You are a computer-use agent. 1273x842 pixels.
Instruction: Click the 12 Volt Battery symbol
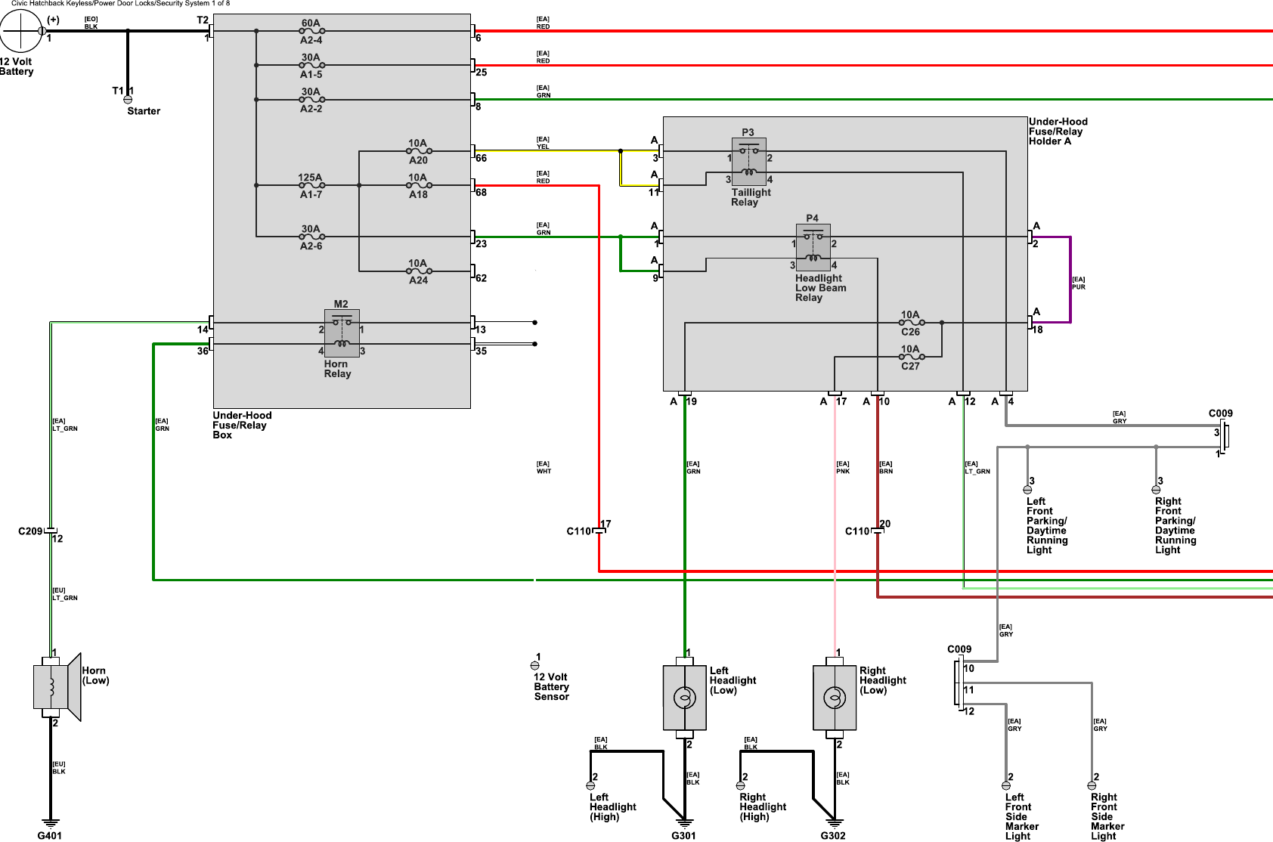20,31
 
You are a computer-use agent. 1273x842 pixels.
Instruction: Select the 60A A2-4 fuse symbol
311,31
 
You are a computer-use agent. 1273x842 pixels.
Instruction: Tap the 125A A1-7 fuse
311,185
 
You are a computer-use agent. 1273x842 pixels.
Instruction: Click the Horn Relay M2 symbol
342,333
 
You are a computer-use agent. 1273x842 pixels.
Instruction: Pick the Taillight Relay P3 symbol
748,162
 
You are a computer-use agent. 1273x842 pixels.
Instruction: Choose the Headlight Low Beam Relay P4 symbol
813,247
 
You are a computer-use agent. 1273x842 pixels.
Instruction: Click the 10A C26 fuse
911,323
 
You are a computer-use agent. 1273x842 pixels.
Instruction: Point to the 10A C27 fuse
911,357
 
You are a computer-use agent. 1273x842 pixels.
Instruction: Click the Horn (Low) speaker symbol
57,686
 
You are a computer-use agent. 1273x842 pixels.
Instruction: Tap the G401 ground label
50,835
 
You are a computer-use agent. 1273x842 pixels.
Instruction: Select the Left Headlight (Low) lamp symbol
684,697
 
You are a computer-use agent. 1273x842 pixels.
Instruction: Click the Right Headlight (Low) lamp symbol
834,697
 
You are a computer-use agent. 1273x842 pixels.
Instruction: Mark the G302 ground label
833,835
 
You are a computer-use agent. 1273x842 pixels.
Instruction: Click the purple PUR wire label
1078,283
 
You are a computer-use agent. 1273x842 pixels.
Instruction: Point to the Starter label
144,111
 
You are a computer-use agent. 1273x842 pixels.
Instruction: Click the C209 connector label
30,531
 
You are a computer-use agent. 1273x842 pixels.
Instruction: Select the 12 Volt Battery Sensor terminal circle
535,666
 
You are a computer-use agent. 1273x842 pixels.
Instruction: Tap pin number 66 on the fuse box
482,158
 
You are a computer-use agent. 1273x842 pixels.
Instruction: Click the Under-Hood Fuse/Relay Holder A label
1058,132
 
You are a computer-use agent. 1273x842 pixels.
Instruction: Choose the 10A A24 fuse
418,271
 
